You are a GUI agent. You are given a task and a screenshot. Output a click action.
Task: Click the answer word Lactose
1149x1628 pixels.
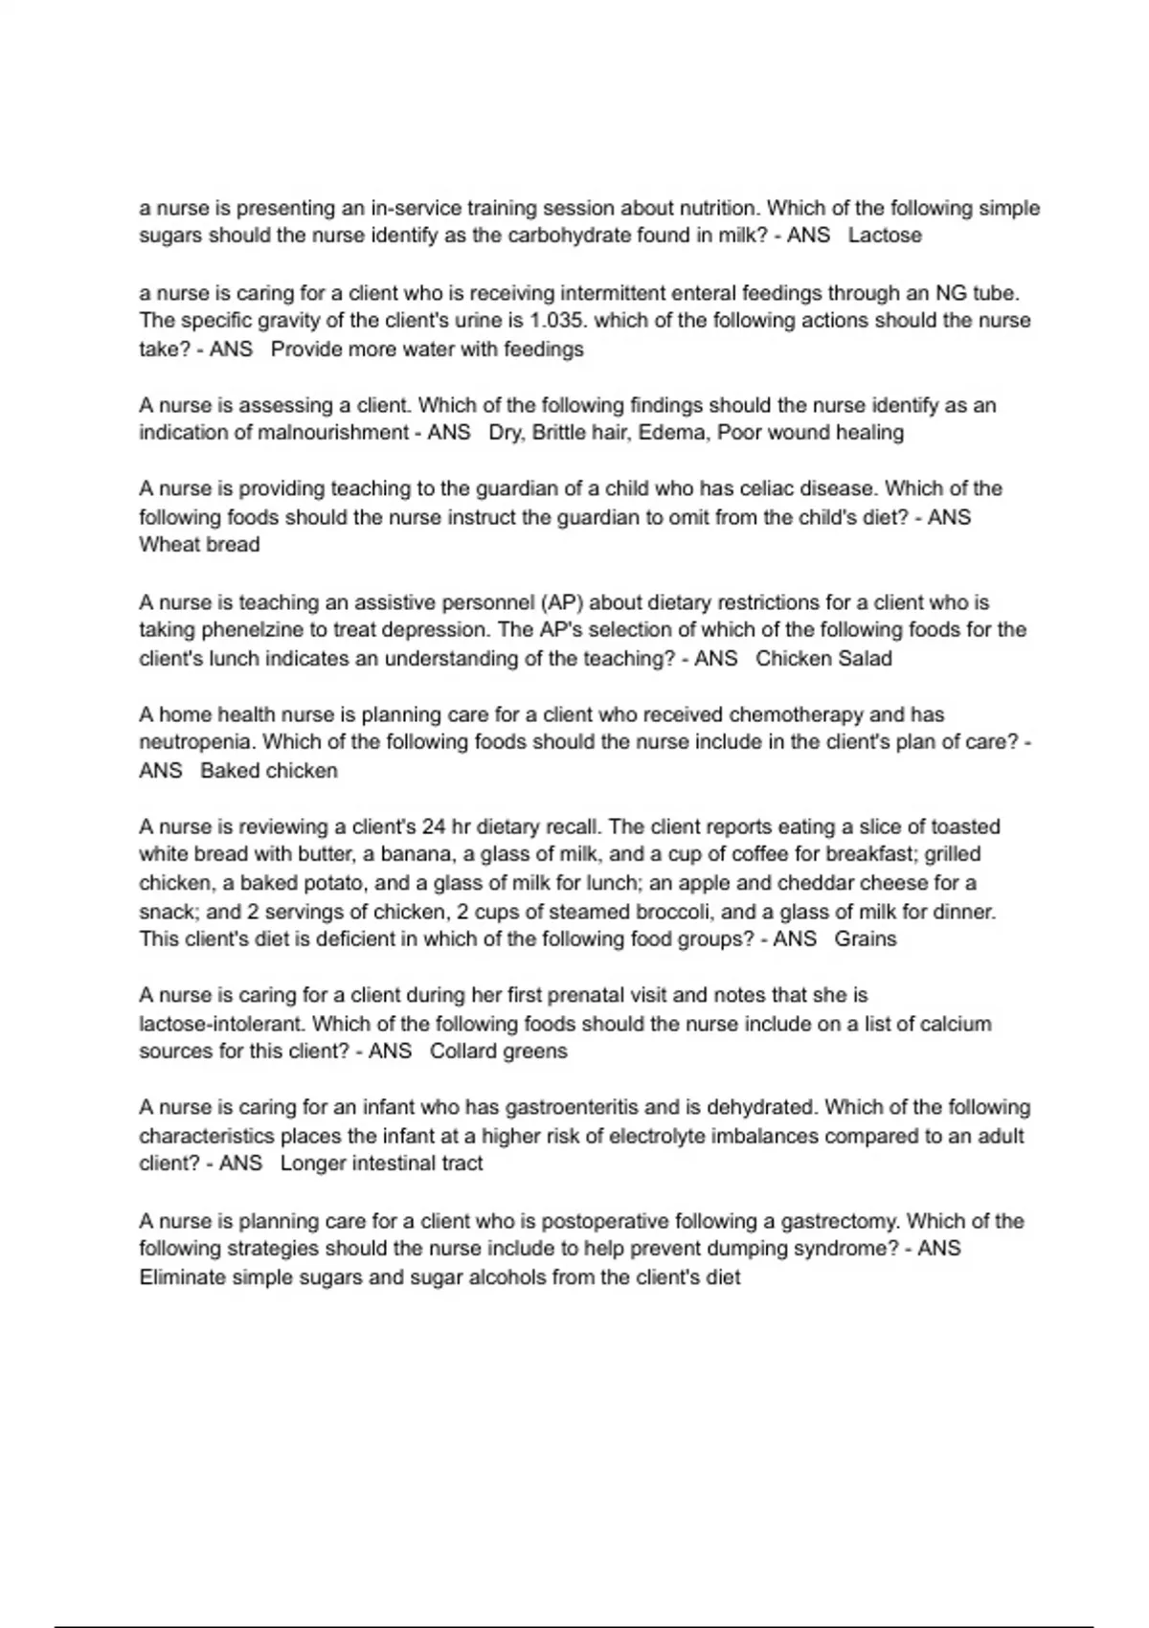click(885, 236)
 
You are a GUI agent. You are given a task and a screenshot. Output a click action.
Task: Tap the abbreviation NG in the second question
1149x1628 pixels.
click(951, 293)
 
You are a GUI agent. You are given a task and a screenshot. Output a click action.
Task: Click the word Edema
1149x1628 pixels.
click(671, 433)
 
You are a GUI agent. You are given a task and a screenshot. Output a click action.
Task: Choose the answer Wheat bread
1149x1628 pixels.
click(199, 545)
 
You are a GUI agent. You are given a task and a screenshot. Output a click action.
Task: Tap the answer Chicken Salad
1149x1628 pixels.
click(823, 659)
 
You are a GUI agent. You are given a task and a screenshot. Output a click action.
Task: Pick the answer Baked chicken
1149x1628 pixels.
click(269, 771)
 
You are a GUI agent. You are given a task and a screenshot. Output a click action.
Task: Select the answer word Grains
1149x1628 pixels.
click(866, 939)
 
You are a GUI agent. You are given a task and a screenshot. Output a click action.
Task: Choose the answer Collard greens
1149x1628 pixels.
click(498, 1051)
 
